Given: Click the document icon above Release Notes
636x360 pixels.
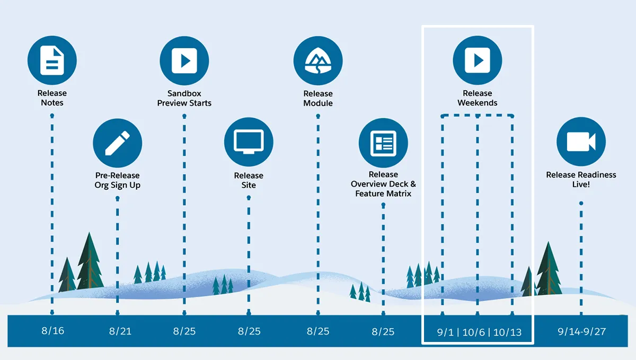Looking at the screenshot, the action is (52, 60).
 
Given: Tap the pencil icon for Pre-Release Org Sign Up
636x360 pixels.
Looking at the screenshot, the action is (117, 143).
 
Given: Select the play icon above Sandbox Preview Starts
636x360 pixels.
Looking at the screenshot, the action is (184, 60).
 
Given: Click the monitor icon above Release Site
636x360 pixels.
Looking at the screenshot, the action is (249, 142).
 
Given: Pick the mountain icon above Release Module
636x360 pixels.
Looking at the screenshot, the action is (318, 60).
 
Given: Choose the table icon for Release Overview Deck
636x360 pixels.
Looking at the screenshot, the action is (383, 143).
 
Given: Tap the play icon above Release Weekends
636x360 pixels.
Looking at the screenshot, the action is (478, 60).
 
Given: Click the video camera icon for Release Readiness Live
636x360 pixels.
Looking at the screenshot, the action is (581, 142).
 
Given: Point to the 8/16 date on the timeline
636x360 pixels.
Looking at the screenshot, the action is (53, 331).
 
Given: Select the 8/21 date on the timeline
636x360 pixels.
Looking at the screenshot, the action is (120, 331).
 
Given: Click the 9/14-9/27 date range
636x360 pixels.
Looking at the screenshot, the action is (582, 331).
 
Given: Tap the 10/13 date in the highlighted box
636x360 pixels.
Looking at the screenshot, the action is (507, 332).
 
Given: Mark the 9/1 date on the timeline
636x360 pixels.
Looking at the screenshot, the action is (445, 332).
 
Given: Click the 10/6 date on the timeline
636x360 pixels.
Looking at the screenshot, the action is (473, 332).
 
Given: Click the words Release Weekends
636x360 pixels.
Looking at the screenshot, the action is (478, 98).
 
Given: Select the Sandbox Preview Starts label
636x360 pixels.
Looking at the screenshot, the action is (184, 98).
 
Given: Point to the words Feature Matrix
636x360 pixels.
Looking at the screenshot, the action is (383, 194).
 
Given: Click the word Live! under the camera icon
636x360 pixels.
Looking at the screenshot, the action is (581, 185).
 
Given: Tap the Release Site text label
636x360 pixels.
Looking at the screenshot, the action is (249, 180).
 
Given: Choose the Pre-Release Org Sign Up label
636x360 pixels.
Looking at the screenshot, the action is (117, 180).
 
